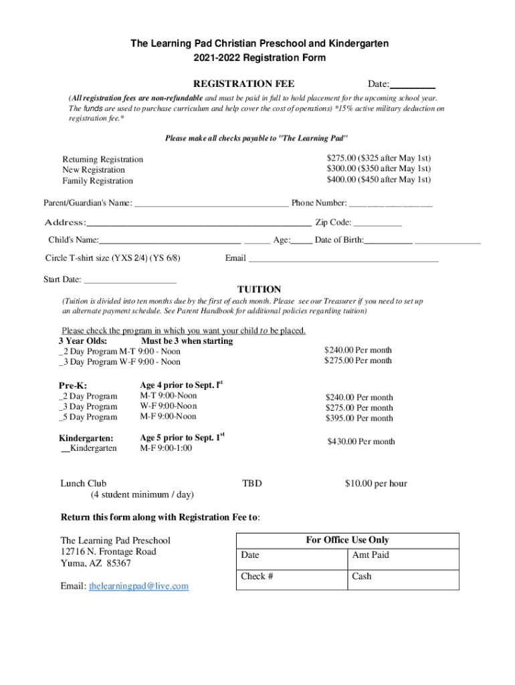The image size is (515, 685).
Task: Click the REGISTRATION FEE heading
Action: [x=243, y=84]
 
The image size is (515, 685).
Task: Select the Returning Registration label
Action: [x=102, y=159]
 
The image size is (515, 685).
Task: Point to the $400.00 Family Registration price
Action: [x=379, y=180]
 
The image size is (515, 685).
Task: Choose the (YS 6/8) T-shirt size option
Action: [x=165, y=258]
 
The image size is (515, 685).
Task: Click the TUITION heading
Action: [x=259, y=290]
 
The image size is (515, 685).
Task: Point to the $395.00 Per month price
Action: [x=359, y=419]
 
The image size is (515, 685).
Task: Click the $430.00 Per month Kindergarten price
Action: [x=360, y=442]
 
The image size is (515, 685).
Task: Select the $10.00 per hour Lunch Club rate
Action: [x=375, y=484]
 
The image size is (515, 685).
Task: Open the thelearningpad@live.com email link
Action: [x=138, y=586]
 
